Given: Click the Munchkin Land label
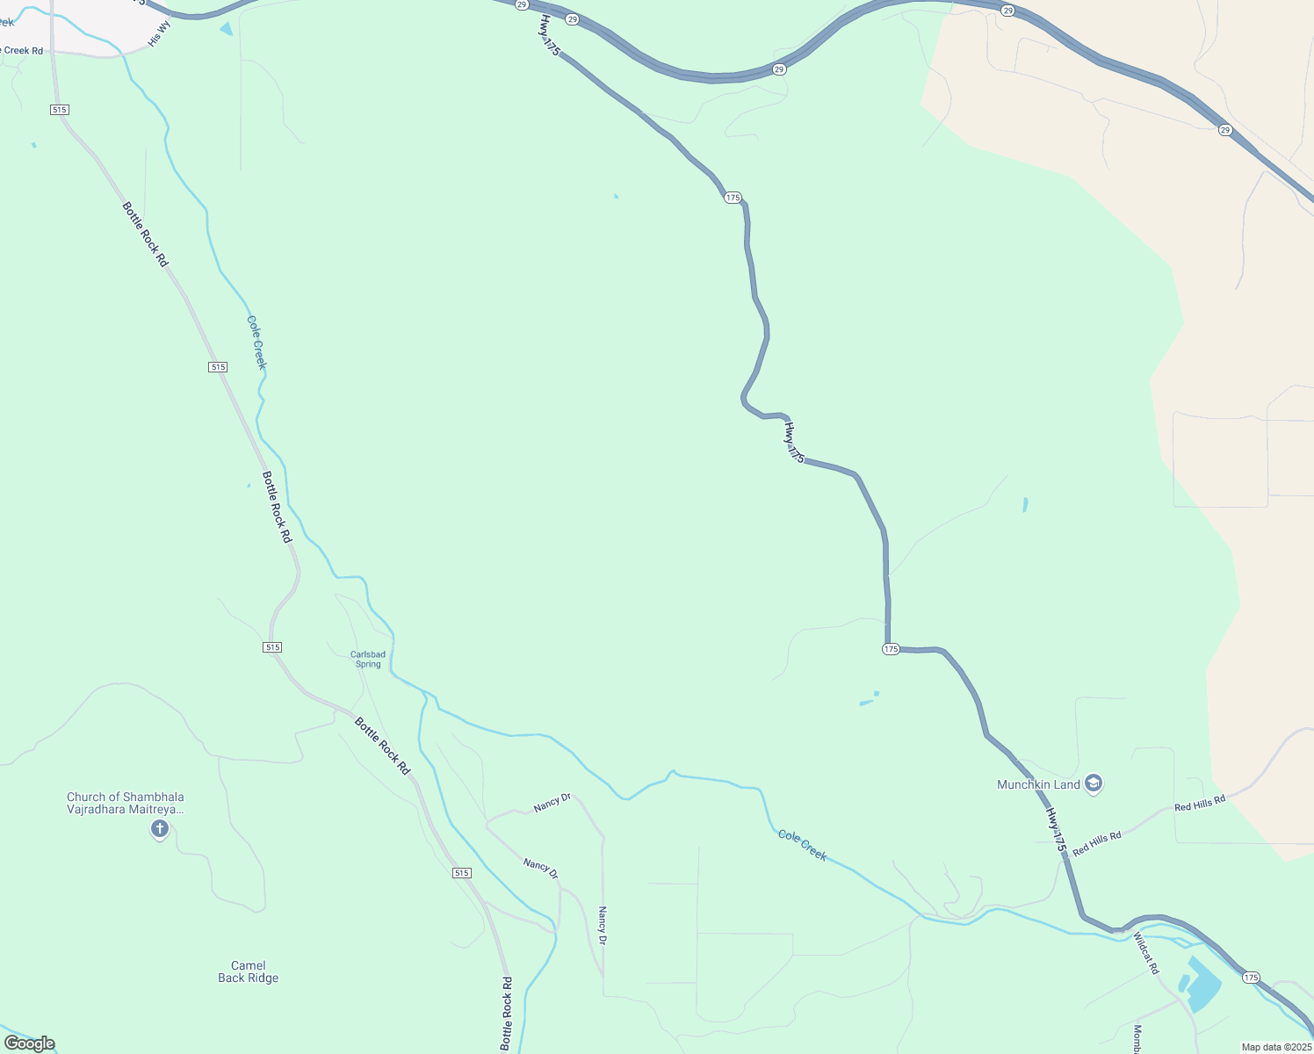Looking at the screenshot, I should click(1038, 784).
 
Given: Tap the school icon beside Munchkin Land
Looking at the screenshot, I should click(1094, 783).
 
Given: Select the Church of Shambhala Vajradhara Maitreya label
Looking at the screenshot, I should click(126, 803).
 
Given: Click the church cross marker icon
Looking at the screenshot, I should click(159, 828).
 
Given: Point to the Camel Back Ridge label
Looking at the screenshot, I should click(249, 971).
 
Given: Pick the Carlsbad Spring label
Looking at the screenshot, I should click(368, 659).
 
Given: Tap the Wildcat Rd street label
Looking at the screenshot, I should click(1146, 952).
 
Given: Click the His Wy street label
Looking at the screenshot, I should click(159, 34).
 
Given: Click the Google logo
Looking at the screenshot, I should click(30, 1043).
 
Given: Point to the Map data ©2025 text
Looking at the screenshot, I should click(1275, 1047).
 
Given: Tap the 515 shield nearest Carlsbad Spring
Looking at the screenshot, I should click(272, 647).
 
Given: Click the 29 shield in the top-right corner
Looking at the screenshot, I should click(1225, 130).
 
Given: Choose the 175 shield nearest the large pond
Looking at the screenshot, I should click(1252, 977).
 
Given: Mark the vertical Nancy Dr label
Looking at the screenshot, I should click(603, 926).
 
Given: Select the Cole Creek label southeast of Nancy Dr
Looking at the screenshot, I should click(803, 845).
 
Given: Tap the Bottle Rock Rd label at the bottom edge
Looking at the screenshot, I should click(507, 1014).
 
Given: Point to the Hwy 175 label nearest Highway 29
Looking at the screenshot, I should click(549, 36).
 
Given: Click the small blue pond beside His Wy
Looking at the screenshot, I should click(227, 29).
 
